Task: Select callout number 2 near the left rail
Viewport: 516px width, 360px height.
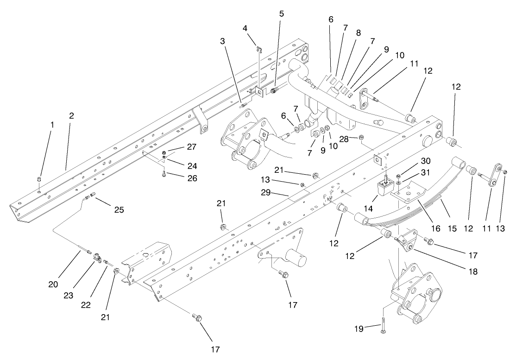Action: [71, 116]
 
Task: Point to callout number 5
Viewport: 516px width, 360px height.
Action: [282, 14]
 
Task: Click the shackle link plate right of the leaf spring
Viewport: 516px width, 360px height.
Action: [496, 174]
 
